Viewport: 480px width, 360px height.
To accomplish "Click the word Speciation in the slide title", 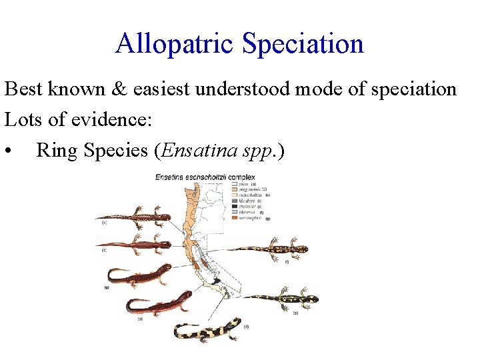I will coord(303,44).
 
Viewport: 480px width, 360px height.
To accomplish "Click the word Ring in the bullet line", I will coord(56,151).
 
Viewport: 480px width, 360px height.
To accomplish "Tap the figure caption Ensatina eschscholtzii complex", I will coord(197,177).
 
